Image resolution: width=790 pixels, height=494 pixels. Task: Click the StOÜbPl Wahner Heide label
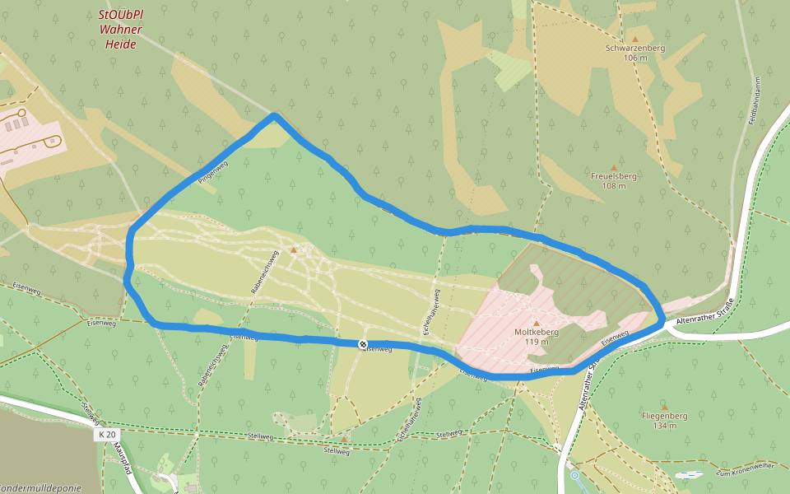click(x=120, y=30)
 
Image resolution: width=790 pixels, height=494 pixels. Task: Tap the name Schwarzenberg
click(x=634, y=49)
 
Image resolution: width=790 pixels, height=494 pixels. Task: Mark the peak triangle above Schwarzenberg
click(x=634, y=39)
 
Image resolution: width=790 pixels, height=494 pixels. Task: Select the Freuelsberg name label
click(x=614, y=176)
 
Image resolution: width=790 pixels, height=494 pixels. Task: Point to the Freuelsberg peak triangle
click(x=613, y=167)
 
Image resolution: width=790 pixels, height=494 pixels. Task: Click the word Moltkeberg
click(x=537, y=332)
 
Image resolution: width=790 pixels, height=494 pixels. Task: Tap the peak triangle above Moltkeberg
click(x=537, y=323)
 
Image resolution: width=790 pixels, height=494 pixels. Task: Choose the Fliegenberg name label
click(x=664, y=416)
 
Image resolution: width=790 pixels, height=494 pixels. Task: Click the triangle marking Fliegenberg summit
click(x=664, y=407)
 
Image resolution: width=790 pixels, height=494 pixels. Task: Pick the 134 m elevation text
click(x=664, y=426)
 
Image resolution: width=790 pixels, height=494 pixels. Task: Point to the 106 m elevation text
click(x=635, y=58)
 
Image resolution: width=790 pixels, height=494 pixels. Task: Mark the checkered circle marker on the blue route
click(x=363, y=343)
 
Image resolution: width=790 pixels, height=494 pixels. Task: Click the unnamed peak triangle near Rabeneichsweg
click(x=293, y=249)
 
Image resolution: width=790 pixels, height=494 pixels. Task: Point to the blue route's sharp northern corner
click(x=274, y=116)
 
